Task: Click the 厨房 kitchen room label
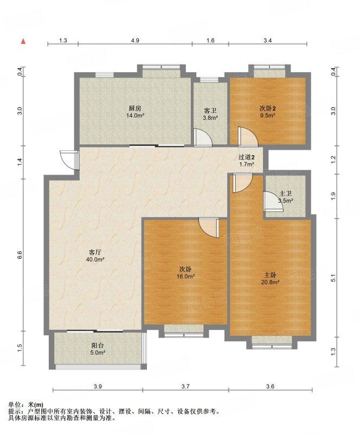(x=136, y=108)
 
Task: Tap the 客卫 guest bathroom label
(x=210, y=111)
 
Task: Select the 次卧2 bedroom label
(x=268, y=108)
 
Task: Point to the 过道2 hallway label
(x=247, y=157)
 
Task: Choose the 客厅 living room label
(x=95, y=252)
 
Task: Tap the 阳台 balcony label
(x=98, y=346)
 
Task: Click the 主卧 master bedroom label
(x=270, y=275)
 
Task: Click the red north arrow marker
(x=23, y=41)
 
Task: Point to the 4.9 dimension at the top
(x=135, y=40)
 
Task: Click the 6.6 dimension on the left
(x=20, y=255)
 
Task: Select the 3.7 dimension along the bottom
(x=185, y=386)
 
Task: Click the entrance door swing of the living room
(x=69, y=159)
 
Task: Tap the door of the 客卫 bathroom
(x=203, y=137)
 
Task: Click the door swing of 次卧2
(x=248, y=136)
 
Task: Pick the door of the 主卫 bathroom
(x=273, y=201)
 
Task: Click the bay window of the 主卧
(x=272, y=342)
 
